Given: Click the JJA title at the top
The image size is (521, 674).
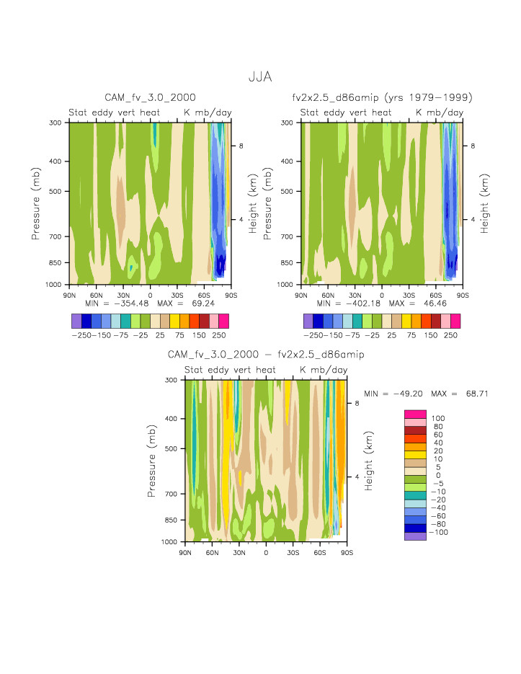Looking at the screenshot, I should click(260, 76).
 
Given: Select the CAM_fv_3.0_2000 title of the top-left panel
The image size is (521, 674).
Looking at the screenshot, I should click(150, 97).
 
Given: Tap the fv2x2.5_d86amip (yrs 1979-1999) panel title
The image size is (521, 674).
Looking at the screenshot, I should click(382, 97).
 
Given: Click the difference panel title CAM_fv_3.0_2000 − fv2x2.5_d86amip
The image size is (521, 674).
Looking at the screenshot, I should click(266, 354).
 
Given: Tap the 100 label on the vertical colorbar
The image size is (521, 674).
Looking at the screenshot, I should click(438, 418).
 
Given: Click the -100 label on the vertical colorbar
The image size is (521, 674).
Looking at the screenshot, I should click(438, 532).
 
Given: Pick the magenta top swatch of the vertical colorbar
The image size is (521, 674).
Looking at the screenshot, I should click(414, 414).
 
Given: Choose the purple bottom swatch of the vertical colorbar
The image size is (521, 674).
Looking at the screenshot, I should click(414, 536).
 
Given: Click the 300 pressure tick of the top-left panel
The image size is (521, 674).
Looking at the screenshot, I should click(55, 123).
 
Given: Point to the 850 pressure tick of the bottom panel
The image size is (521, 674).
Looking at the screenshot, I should click(171, 520).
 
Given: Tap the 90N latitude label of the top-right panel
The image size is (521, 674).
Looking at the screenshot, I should click(301, 295).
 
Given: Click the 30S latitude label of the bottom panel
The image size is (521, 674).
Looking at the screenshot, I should click(293, 552).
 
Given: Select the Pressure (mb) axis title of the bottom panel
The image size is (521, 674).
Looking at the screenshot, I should click(152, 461).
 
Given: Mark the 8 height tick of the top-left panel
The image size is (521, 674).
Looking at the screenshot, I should click(241, 146).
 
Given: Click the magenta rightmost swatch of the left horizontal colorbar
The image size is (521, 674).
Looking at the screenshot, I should click(223, 320).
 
